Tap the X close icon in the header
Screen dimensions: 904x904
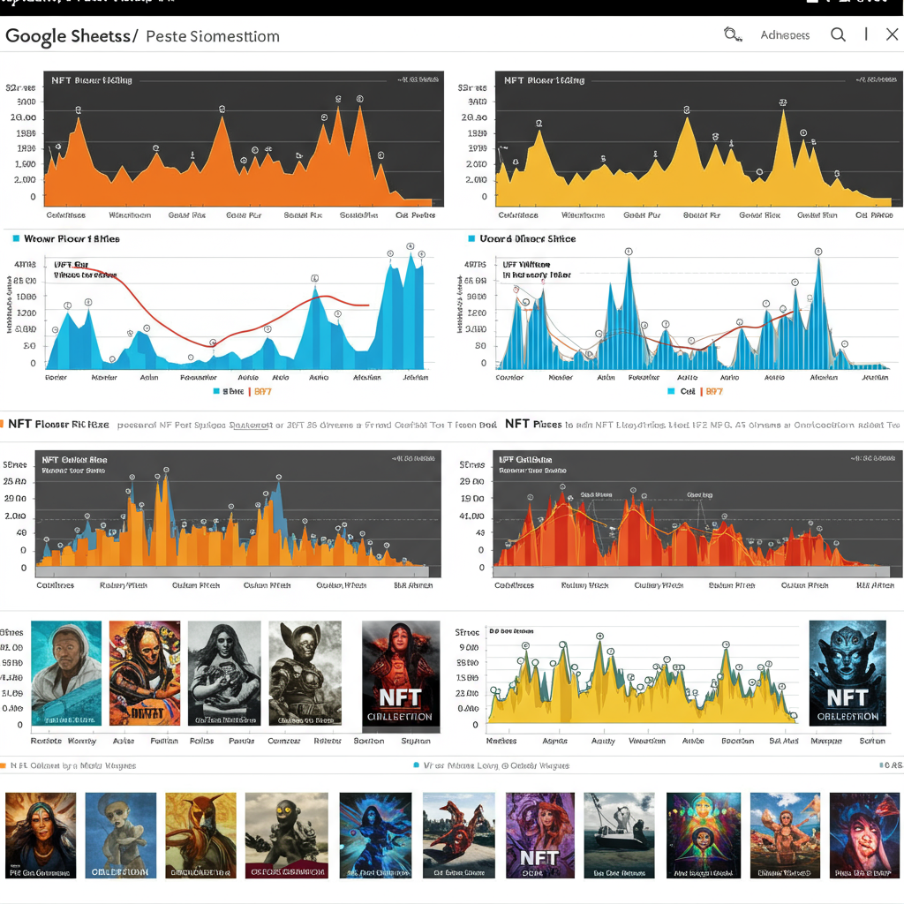[893, 34]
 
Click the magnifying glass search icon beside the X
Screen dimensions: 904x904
[838, 34]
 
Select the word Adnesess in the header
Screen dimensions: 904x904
[785, 35]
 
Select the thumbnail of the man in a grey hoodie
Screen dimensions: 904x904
[66, 673]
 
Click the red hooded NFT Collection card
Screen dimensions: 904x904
[401, 673]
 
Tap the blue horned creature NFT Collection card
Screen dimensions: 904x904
[847, 673]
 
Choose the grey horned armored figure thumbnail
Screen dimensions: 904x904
[305, 673]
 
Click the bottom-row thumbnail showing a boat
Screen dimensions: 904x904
[619, 834]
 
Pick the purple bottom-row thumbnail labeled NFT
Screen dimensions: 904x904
[539, 834]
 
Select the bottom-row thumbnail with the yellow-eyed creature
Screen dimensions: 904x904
[280, 834]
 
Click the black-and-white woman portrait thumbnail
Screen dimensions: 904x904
[224, 673]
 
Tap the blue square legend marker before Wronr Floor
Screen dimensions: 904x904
[16, 238]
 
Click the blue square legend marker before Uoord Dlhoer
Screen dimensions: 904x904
[471, 238]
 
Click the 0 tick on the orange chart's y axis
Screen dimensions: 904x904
[33, 197]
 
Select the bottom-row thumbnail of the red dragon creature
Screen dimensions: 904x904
[458, 834]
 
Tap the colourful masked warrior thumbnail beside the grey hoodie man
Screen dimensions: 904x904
[145, 673]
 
